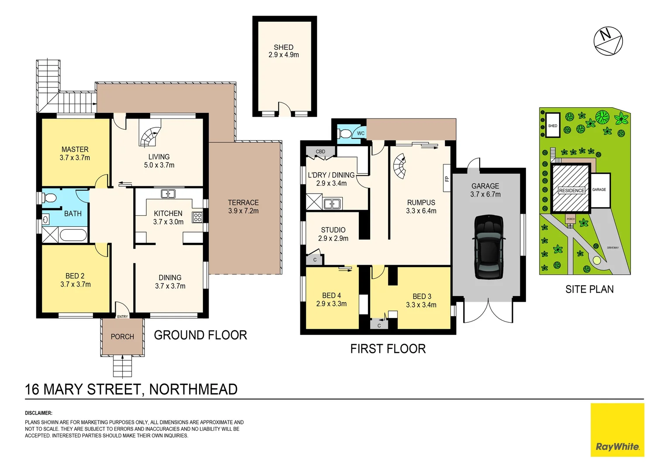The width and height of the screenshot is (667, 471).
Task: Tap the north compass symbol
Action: (608, 41)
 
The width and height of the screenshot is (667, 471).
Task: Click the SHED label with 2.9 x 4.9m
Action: (284, 51)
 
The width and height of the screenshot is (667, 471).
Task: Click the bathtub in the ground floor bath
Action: (73, 235)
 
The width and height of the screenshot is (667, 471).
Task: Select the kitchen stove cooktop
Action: (197, 217)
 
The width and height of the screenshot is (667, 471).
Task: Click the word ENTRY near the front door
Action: (123, 317)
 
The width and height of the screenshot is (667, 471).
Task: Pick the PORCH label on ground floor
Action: (122, 337)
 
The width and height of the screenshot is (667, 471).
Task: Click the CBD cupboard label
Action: (320, 152)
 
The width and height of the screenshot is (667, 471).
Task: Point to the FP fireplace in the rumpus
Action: (447, 178)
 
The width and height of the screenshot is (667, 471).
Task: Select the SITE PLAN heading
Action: (589, 290)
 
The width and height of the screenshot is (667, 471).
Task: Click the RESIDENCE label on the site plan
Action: (571, 191)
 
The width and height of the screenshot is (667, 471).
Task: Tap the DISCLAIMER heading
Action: (38, 413)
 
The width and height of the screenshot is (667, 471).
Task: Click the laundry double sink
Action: (332, 204)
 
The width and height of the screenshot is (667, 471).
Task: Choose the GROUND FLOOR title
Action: (200, 335)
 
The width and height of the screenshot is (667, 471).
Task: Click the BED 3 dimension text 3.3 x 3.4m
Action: (421, 305)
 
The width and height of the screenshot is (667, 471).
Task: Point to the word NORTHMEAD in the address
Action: (193, 389)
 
